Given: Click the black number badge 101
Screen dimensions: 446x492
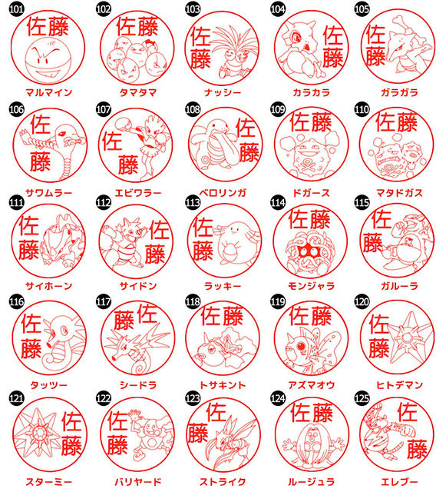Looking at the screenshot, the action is pyautogui.click(x=16, y=9).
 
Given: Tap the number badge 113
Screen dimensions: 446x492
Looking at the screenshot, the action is pyautogui.click(x=193, y=203).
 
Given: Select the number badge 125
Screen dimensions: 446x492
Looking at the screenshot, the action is pyautogui.click(x=362, y=398).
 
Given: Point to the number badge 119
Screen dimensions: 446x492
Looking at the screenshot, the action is pyautogui.click(x=278, y=302).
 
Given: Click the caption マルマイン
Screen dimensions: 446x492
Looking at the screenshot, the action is pyautogui.click(x=49, y=92).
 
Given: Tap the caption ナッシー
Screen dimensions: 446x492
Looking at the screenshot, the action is pyautogui.click(x=223, y=92).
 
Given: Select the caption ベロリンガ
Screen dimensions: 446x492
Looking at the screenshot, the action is pyautogui.click(x=223, y=192).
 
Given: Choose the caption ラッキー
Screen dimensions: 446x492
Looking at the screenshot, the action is pyautogui.click(x=223, y=286).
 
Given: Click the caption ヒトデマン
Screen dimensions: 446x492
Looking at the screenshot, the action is pyautogui.click(x=400, y=384).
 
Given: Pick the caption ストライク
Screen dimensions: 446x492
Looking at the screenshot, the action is pyautogui.click(x=223, y=482).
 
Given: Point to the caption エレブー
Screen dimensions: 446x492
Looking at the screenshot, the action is pyautogui.click(x=400, y=482).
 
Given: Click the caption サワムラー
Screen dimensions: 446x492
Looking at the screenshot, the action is pyautogui.click(x=49, y=192).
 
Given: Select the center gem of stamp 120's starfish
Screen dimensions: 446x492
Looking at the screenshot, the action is pyautogui.click(x=407, y=338).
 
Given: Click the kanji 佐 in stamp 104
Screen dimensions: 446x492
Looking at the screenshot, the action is pyautogui.click(x=333, y=35).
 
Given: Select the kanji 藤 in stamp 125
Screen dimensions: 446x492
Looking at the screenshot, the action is pyautogui.click(x=417, y=449).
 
